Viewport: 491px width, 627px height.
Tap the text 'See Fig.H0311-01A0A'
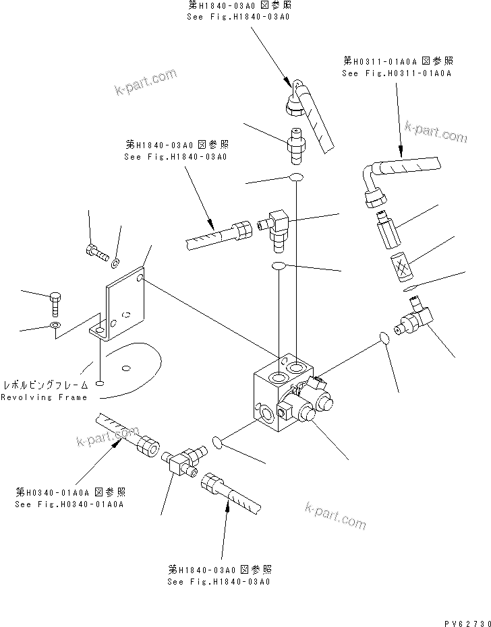click(x=396, y=73)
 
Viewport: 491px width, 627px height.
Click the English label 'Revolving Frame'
click(x=44, y=397)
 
